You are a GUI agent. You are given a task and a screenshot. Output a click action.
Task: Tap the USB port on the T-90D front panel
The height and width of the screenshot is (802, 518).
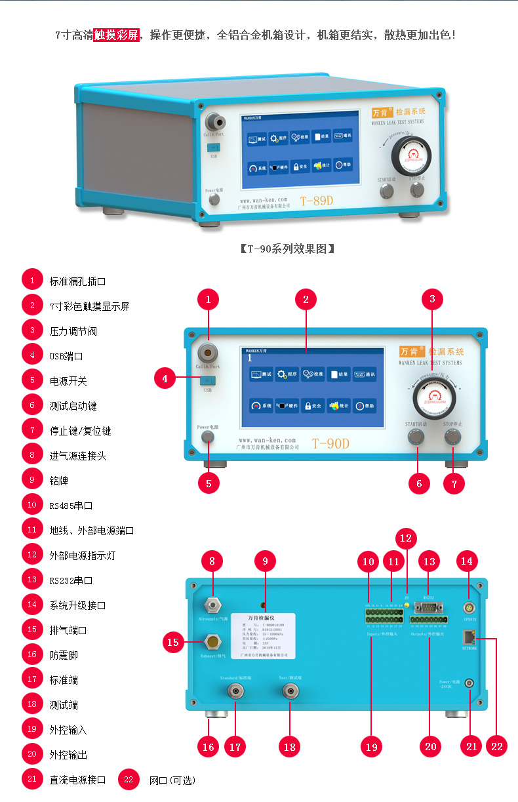click(208, 380)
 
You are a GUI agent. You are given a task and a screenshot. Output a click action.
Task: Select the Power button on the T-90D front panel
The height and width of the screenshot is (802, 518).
click(208, 437)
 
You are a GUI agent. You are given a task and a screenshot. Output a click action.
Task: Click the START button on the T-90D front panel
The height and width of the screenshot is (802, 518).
click(416, 437)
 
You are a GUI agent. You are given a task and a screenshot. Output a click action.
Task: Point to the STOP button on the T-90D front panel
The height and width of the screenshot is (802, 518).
click(452, 437)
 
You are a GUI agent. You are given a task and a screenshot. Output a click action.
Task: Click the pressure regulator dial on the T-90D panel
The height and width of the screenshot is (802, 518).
click(431, 398)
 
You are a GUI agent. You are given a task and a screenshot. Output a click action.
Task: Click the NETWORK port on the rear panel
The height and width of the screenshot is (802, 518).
click(469, 635)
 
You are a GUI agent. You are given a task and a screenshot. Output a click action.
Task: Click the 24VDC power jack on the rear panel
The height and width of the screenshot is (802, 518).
click(469, 683)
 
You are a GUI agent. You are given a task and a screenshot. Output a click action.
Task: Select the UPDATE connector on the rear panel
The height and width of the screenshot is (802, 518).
click(469, 609)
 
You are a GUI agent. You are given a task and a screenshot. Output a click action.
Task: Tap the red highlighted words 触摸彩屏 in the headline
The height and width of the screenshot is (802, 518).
click(117, 35)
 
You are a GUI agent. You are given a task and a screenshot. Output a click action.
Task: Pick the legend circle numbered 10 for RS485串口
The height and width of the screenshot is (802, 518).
click(32, 505)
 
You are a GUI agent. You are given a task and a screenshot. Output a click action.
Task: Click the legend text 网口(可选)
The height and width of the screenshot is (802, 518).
click(172, 780)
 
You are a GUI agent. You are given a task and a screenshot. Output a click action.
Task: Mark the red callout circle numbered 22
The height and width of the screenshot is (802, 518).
click(496, 746)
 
